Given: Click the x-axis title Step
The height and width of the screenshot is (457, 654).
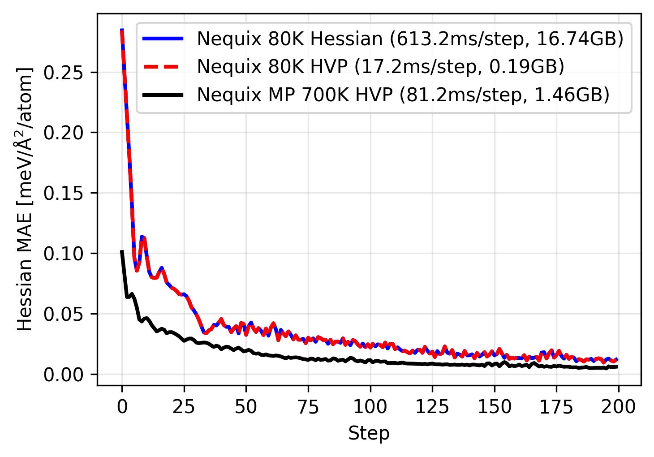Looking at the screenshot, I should click(x=369, y=434).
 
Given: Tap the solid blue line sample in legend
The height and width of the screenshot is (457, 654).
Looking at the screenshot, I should click(x=163, y=39).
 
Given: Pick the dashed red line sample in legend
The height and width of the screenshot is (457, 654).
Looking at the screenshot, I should click(x=163, y=67).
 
